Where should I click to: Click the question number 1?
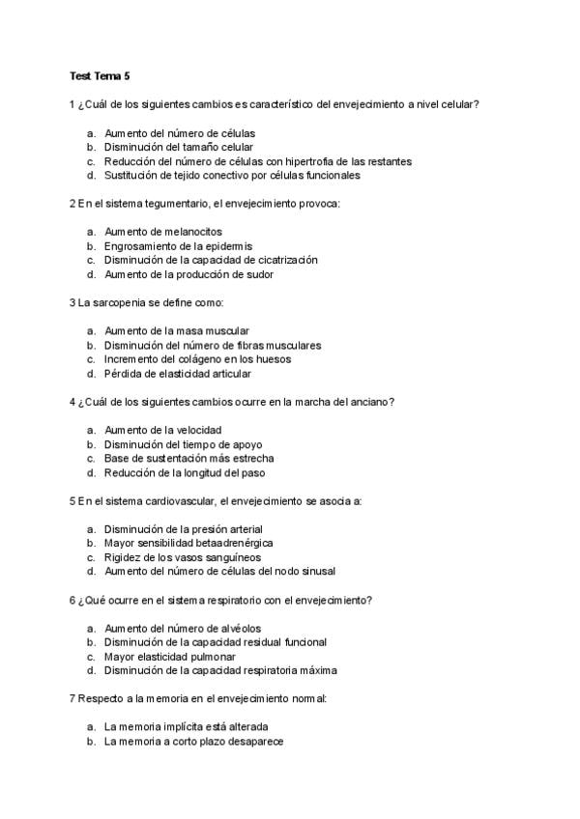[x=72, y=103]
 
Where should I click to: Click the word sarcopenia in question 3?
[x=119, y=302]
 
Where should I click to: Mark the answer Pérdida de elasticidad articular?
[x=178, y=373]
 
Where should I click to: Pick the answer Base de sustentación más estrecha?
[x=188, y=459]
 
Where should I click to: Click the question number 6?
[x=72, y=600]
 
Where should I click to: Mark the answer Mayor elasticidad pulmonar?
[x=169, y=656]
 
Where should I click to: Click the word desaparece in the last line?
[x=255, y=741]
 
